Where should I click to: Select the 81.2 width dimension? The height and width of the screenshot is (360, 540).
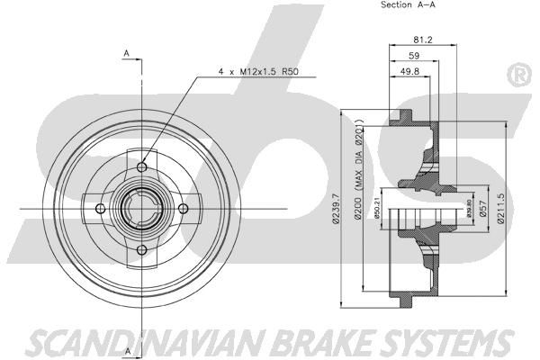[x=422, y=40]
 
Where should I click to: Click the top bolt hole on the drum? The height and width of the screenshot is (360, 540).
[x=144, y=168]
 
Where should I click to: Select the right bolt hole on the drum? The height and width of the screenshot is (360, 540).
[x=183, y=209]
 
